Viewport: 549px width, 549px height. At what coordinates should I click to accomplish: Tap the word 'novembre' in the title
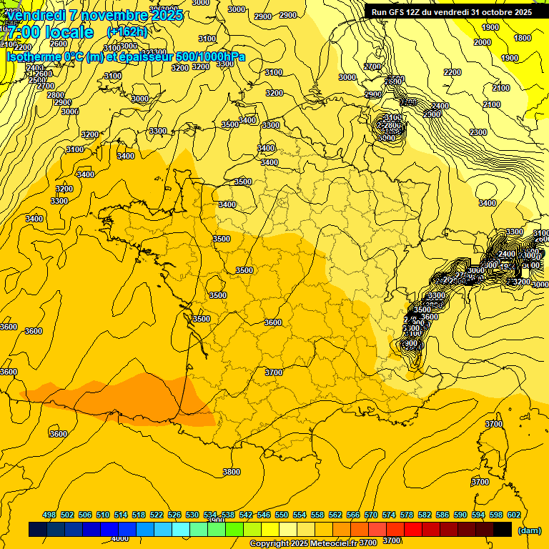pos(106,15)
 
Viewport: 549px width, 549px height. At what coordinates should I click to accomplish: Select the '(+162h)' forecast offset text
pos(127,31)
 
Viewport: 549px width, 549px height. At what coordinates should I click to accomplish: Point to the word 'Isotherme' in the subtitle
pos(33,57)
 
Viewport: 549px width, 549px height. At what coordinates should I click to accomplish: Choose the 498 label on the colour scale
pos(49,515)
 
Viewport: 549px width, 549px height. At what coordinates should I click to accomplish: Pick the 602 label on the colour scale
pos(514,515)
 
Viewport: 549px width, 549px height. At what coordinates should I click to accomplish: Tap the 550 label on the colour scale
pos(282,515)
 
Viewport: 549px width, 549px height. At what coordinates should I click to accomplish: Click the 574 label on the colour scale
pos(389,515)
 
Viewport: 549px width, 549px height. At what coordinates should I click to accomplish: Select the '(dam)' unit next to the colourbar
pos(529,530)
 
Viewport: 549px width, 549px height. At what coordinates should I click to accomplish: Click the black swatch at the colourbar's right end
pos(503,530)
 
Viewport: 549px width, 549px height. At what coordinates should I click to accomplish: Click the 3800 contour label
pos(231,472)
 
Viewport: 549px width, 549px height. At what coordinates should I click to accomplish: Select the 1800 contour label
pos(523,38)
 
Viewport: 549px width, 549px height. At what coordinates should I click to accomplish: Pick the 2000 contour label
pos(483,42)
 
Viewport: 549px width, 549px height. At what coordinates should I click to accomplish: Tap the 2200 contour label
pos(452,72)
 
